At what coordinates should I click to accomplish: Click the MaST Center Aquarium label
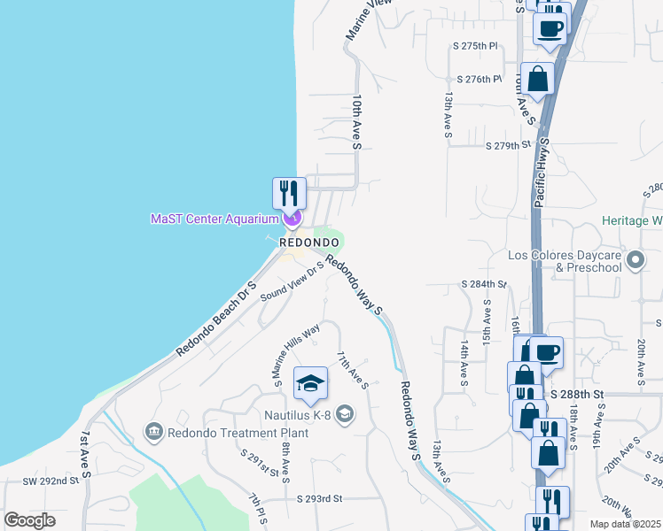click(214, 219)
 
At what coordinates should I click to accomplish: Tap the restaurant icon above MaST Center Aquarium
click(289, 192)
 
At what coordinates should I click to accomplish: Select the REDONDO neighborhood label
click(309, 242)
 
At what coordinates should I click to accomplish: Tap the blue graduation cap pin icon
click(310, 382)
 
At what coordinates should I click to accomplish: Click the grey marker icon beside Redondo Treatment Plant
click(154, 432)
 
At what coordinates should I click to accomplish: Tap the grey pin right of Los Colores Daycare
click(635, 260)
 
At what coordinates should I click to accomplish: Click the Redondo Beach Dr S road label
click(215, 319)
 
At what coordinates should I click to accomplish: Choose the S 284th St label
click(483, 284)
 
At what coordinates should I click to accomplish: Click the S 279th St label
click(506, 145)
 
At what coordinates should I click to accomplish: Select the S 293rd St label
click(319, 499)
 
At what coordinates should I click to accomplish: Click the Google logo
click(29, 520)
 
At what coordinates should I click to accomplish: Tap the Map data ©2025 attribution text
click(625, 524)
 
